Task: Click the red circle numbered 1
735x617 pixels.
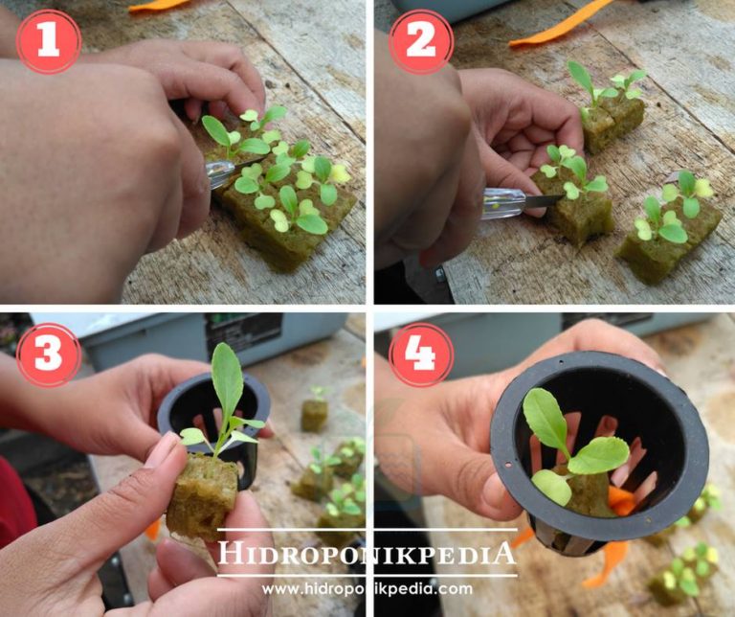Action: coord(49,42)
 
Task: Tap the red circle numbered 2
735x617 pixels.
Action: coord(421,42)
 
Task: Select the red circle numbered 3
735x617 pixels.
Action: coord(49,354)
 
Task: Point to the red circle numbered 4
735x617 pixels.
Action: coord(421,354)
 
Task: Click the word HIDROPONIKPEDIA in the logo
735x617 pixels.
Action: coord(367,553)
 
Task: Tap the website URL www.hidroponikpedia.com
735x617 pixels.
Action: coord(367,589)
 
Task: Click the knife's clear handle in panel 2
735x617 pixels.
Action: coord(504,204)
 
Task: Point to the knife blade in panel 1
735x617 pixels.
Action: coord(249,163)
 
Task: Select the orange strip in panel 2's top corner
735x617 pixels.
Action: coord(561,23)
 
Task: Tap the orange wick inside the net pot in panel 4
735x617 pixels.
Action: coord(621,500)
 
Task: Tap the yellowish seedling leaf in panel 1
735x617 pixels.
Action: coord(340,173)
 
